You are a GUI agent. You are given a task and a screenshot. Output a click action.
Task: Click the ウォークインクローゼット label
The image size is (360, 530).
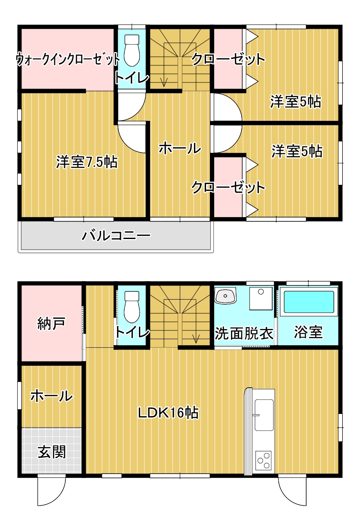click(x=68, y=59)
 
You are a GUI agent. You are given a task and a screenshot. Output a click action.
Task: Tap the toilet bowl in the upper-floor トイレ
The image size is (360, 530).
click(x=132, y=50)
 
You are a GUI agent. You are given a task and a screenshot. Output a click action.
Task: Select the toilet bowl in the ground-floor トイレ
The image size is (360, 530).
click(x=132, y=307)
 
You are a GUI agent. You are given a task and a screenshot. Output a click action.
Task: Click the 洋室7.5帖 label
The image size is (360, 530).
click(x=86, y=162)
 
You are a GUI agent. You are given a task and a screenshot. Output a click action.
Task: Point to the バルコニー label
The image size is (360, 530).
click(x=116, y=236)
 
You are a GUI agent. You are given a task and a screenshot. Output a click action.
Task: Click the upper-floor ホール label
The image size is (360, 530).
click(x=180, y=149)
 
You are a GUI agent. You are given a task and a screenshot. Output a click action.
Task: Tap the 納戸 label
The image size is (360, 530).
click(x=51, y=324)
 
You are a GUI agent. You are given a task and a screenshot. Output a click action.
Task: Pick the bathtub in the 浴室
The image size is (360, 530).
click(x=309, y=302)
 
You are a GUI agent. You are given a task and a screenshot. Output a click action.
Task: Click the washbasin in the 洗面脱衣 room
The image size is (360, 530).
click(x=225, y=296)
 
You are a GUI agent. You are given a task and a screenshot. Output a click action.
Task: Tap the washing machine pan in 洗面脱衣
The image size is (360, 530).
click(x=261, y=299)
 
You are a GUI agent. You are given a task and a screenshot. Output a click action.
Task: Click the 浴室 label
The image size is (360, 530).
click(x=308, y=332)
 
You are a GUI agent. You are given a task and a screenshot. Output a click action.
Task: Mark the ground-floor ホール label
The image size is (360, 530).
click(x=51, y=396)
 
